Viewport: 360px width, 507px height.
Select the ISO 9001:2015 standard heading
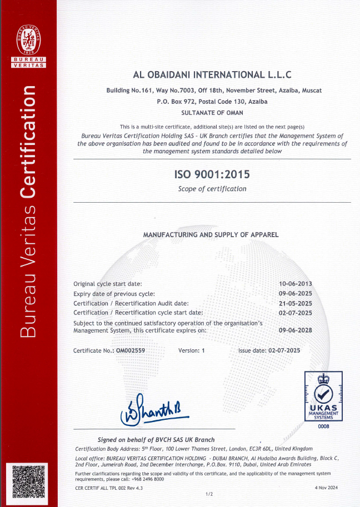pyautogui.click(x=212, y=174)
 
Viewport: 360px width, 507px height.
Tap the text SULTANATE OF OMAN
pyautogui.click(x=212, y=112)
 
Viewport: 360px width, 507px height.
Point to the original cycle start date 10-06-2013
pyautogui.click(x=295, y=284)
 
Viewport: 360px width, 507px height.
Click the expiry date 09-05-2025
pyautogui.click(x=295, y=293)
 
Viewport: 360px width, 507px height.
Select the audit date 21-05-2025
pyautogui.click(x=295, y=303)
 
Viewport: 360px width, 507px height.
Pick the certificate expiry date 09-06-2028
pyautogui.click(x=295, y=330)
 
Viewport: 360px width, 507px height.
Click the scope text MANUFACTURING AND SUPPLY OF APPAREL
pyautogui.click(x=211, y=235)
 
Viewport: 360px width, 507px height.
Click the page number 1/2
pyautogui.click(x=209, y=494)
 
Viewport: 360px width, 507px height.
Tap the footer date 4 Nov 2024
pyautogui.click(x=326, y=487)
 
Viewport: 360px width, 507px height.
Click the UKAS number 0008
pyautogui.click(x=323, y=426)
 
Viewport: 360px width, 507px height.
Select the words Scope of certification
pyautogui.click(x=212, y=189)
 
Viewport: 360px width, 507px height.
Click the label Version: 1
pyautogui.click(x=192, y=350)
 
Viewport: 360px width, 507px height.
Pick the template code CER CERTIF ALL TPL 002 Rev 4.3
pyautogui.click(x=109, y=487)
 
